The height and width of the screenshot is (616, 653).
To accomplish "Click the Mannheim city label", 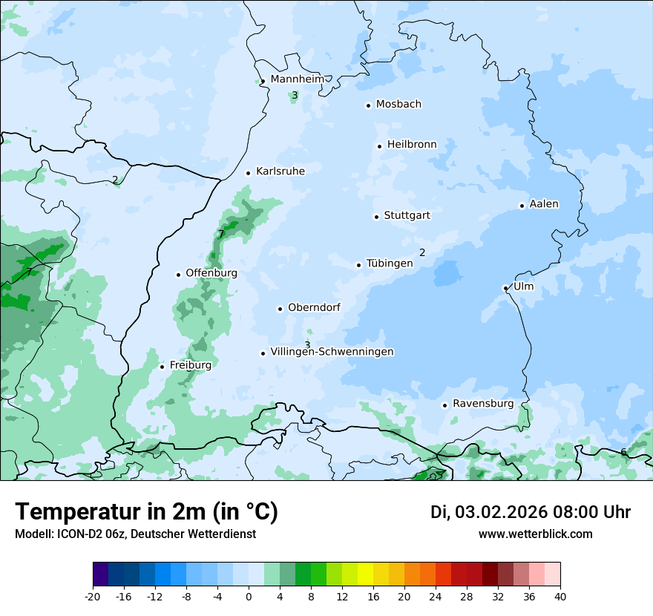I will pyautogui.click(x=297, y=79).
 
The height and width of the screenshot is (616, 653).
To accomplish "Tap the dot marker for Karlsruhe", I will pyautogui.click(x=249, y=173).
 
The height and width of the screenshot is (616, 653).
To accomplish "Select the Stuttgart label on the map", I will pyautogui.click(x=407, y=216).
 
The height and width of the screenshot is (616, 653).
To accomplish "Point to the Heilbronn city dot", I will pyautogui.click(x=379, y=146).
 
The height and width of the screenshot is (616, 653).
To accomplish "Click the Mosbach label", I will pyautogui.click(x=398, y=105).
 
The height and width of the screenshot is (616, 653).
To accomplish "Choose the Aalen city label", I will pyautogui.click(x=544, y=204).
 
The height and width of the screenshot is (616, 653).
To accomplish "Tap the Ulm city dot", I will pyautogui.click(x=505, y=288).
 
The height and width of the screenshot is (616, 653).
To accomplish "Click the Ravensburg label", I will pyautogui.click(x=483, y=404).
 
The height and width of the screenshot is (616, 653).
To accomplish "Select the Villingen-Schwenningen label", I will pyautogui.click(x=332, y=352).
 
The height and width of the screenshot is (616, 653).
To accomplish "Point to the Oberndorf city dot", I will pyautogui.click(x=280, y=309).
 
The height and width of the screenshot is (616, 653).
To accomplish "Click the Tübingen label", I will pyautogui.click(x=390, y=263).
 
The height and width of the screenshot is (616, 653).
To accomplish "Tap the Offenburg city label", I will pyautogui.click(x=211, y=273).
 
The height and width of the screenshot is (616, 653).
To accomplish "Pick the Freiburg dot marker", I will pyautogui.click(x=162, y=367).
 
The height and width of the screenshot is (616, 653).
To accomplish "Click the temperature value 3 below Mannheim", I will pyautogui.click(x=295, y=95).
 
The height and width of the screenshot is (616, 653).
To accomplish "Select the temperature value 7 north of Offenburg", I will pyautogui.click(x=220, y=235).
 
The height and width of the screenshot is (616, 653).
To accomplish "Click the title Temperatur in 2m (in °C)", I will pyautogui.click(x=147, y=511).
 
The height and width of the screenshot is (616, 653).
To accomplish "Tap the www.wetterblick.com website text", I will pyautogui.click(x=535, y=534).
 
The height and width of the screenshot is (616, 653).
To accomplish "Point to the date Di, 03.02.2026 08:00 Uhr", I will pyautogui.click(x=531, y=512).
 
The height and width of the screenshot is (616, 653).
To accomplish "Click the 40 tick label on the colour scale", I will pyautogui.click(x=560, y=597).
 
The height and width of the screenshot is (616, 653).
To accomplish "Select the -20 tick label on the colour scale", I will pyautogui.click(x=93, y=597).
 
